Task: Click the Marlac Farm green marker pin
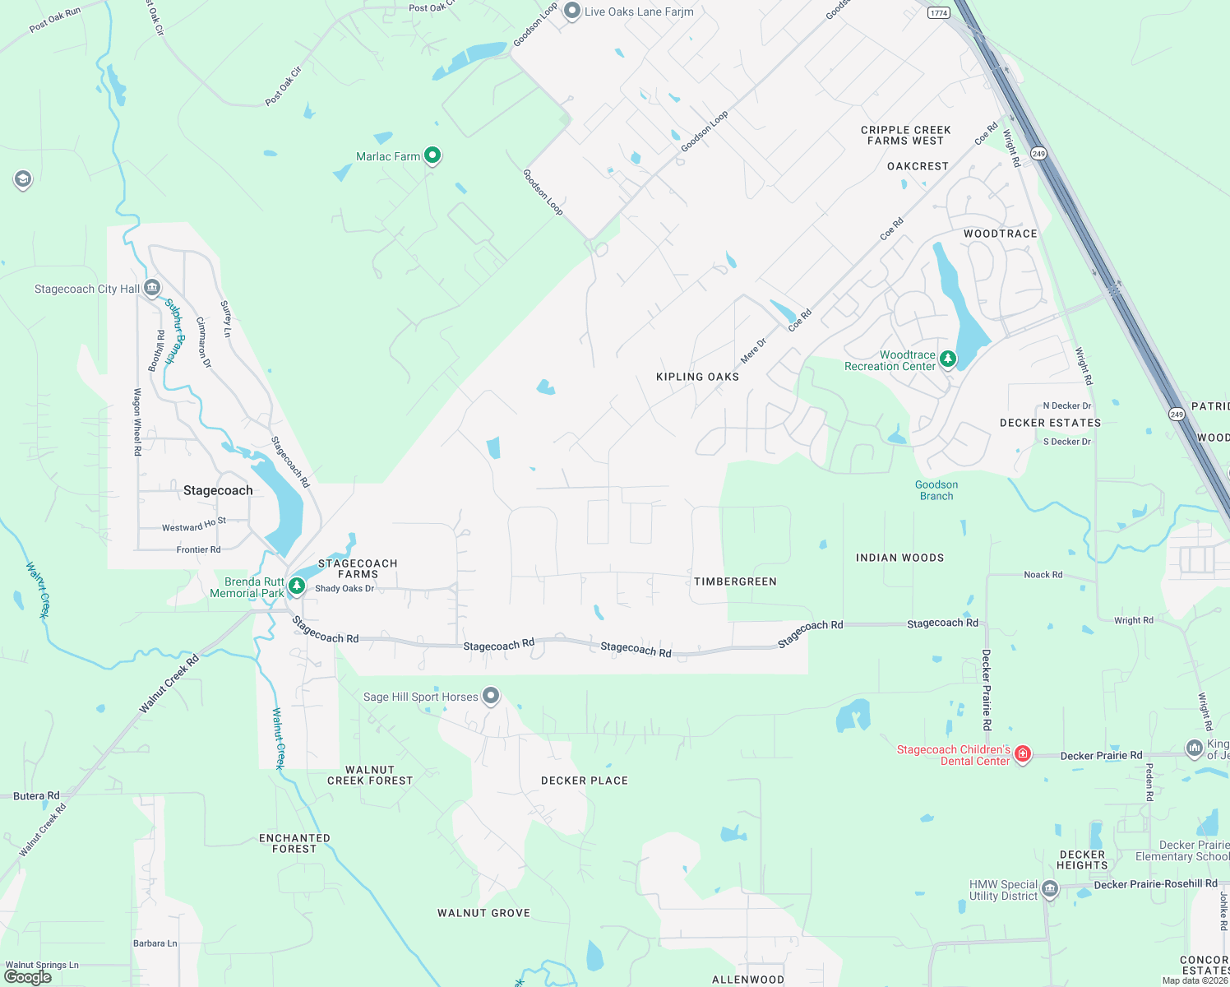click(x=432, y=155)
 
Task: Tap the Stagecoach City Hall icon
click(x=152, y=287)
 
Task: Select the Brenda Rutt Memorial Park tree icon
click(x=297, y=586)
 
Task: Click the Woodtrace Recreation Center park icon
click(x=948, y=359)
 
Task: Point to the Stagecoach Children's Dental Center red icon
click(x=1023, y=753)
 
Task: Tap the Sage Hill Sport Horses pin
click(x=491, y=696)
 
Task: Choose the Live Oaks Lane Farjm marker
click(x=572, y=12)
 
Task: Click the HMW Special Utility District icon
click(x=1050, y=888)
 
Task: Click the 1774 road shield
click(x=939, y=12)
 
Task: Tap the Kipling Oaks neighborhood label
click(x=697, y=377)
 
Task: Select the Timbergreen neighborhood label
click(x=735, y=582)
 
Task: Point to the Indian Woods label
click(x=899, y=558)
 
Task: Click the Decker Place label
click(x=585, y=781)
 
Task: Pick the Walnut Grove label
click(x=483, y=913)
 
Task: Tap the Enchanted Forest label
click(x=294, y=843)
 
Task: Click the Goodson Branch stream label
click(x=936, y=490)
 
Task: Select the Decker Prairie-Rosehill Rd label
click(x=1155, y=884)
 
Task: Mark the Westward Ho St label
click(x=194, y=525)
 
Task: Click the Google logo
click(x=28, y=976)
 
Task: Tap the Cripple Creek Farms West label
click(x=905, y=135)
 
